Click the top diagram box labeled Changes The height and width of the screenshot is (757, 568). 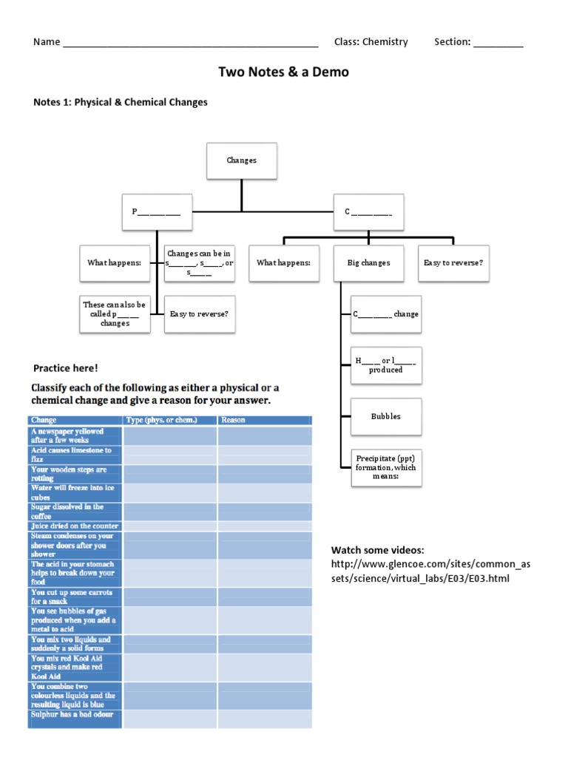coord(242,161)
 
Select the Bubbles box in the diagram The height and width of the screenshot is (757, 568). coord(386,417)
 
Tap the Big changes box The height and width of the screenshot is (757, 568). coord(369,263)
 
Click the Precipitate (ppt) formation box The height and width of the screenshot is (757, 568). coord(386,467)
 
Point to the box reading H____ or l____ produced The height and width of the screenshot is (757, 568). coord(386,365)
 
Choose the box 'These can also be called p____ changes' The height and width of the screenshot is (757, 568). coord(115,314)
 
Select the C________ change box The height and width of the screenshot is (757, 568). coord(386,314)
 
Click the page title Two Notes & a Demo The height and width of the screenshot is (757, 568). coord(283,72)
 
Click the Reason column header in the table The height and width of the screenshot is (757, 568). coord(264,421)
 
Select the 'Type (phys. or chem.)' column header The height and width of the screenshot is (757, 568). coord(170,421)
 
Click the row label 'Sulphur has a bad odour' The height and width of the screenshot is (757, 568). coord(75,716)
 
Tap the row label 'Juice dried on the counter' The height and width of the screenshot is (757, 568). coord(75,526)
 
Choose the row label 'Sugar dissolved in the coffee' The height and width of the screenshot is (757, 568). coord(75,512)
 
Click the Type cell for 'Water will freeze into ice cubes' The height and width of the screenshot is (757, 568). coord(170,493)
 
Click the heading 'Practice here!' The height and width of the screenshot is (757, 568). coord(66,368)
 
